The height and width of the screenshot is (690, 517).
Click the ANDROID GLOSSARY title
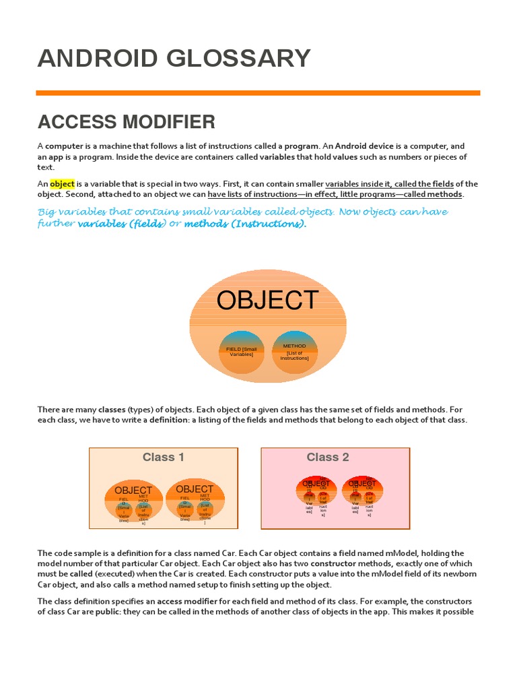[174, 59]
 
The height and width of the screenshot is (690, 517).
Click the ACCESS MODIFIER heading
[127, 122]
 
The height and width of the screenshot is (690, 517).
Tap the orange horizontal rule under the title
[258, 93]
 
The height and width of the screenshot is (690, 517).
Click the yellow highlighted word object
[62, 184]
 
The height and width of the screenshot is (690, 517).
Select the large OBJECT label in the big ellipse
[267, 301]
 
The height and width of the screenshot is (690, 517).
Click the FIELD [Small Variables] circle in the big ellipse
[241, 352]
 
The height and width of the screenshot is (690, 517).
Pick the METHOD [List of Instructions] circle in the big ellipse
[294, 352]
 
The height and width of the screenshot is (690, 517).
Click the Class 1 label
[163, 458]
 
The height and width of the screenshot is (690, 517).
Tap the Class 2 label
[328, 458]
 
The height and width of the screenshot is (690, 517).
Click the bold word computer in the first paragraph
[64, 146]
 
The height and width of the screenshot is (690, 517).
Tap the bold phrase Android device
[364, 146]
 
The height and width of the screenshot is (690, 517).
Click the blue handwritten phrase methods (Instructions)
[244, 224]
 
